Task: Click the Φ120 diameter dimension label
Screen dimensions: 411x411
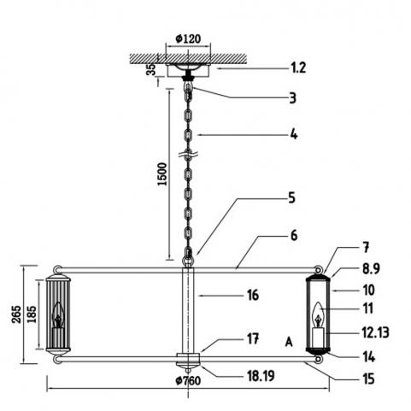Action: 188,38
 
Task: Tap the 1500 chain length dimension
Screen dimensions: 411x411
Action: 162,174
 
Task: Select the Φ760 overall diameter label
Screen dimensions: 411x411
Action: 188,380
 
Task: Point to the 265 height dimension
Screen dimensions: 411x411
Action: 16,314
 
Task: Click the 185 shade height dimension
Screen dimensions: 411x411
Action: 32,314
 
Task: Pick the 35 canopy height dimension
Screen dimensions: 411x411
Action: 152,69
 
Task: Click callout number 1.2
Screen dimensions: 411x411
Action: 298,68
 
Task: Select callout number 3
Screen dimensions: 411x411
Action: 292,97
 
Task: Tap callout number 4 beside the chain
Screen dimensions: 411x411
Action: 294,134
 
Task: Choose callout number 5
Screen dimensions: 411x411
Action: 291,197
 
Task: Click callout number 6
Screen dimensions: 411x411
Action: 294,236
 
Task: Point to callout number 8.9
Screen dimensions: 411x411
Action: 371,268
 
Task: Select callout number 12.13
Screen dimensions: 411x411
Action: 375,332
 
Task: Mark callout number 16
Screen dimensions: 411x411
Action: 253,296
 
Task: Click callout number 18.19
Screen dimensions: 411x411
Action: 261,376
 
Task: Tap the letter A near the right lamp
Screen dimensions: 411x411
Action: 289,342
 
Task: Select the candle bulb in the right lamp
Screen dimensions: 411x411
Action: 318,315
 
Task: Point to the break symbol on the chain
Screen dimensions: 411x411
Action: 188,156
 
